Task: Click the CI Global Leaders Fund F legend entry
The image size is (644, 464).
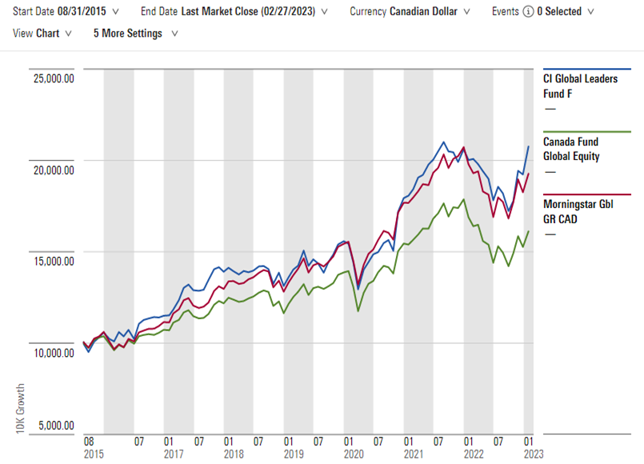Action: point(578,86)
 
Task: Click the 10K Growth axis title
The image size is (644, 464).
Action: point(19,408)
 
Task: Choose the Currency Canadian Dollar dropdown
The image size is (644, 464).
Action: point(410,12)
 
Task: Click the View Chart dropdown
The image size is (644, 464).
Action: point(42,34)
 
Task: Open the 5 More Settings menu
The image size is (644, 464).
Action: point(135,34)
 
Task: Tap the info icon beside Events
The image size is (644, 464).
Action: point(527,12)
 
